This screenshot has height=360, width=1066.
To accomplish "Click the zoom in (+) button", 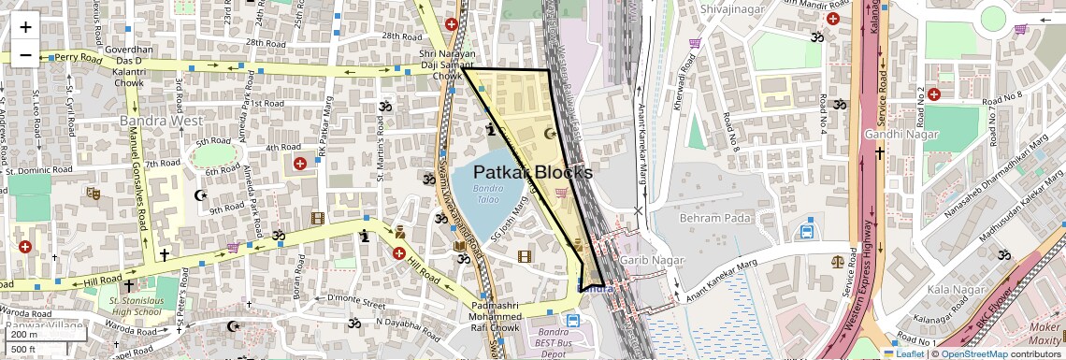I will coord(25,26).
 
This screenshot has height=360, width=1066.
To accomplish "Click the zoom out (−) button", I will coord(25,54).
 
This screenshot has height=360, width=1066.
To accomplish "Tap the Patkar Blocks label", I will coord(532,173).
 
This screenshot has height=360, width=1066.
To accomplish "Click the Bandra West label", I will coord(161,121).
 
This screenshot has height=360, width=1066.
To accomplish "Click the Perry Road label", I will coord(77,57).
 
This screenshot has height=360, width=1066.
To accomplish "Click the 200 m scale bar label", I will coord(24,335).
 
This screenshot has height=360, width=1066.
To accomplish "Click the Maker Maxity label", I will coord(1044,334).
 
